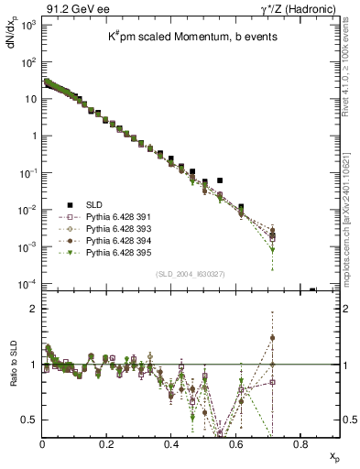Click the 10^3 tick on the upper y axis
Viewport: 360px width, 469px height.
[26, 24]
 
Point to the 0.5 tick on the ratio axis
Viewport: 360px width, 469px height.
[28, 420]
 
